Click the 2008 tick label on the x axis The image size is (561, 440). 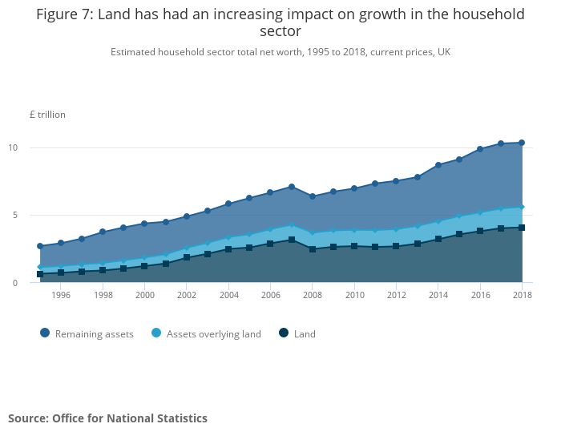coord(313,296)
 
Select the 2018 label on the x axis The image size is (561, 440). coord(522,296)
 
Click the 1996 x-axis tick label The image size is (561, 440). coord(61,296)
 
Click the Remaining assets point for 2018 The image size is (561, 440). coord(522,143)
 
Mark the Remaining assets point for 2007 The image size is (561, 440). coord(292,187)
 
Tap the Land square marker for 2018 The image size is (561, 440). coord(522,228)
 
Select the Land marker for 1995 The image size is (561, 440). coord(40,274)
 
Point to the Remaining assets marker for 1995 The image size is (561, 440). coord(40,246)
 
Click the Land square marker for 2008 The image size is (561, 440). coord(313,249)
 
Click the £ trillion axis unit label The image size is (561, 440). coord(47,115)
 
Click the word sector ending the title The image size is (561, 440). coord(280,32)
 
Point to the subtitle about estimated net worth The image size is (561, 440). coord(280,52)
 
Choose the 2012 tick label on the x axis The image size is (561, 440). coord(396,296)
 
